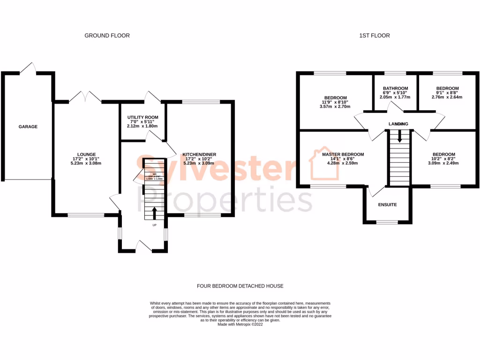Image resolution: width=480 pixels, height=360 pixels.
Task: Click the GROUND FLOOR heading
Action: pos(107,36)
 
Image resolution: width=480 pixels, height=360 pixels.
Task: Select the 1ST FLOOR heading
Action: pos(374,36)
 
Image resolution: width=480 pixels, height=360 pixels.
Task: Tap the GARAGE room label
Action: pos(28,127)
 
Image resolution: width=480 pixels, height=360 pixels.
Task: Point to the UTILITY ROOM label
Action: pos(143,117)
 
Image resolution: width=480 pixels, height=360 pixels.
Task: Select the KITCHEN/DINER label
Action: pos(199,154)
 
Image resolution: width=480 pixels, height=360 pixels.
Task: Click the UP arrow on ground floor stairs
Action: pos(154,213)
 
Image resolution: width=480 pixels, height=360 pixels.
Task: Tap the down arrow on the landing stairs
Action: pos(399,135)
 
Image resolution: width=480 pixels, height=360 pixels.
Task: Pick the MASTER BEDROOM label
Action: pos(343,154)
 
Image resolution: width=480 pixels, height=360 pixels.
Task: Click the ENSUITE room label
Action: pos(388,205)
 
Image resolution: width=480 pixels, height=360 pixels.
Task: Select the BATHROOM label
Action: pos(395,88)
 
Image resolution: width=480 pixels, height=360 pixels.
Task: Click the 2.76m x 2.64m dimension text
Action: pos(447,97)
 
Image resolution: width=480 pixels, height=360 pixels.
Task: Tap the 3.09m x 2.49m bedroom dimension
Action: pos(443,163)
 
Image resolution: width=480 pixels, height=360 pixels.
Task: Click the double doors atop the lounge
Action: pos(85,97)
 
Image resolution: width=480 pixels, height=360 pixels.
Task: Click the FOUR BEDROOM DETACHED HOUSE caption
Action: pos(240,286)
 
